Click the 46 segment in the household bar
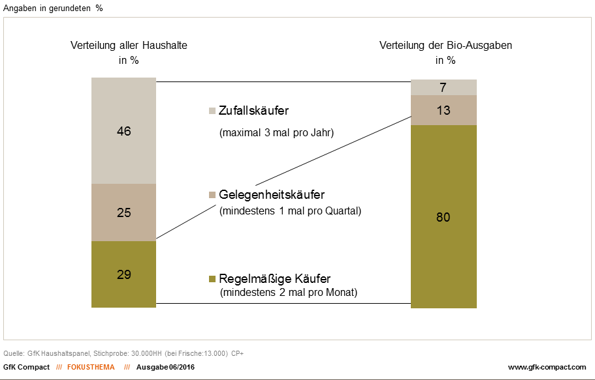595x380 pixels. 124,131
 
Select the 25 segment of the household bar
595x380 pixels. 124,212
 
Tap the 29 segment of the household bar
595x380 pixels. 124,274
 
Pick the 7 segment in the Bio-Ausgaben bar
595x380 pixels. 443,88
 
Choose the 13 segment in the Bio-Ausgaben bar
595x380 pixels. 443,110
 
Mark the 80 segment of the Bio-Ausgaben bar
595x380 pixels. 443,216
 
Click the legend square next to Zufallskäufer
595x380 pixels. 211,111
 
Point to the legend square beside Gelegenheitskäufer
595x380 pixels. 211,195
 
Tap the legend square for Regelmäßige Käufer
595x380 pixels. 211,280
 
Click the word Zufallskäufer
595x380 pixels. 253,111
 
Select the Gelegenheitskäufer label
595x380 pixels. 272,195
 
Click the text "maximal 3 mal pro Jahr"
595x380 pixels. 276,134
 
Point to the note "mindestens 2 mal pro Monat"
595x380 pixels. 289,293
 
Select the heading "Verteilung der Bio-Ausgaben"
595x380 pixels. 445,46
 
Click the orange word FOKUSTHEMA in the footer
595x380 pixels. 90,367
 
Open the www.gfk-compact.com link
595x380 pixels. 547,367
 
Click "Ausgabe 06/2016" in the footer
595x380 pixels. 165,367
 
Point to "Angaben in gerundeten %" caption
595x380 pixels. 53,8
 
